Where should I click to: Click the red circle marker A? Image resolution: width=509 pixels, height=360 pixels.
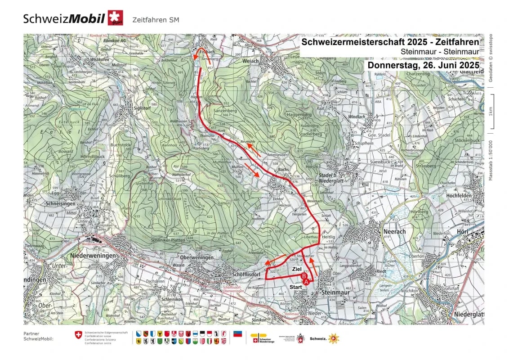(x=307, y=281)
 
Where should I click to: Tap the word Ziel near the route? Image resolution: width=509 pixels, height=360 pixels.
(x=297, y=269)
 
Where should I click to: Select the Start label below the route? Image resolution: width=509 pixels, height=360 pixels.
(x=295, y=287)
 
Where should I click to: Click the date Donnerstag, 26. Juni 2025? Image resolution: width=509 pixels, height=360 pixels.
(x=423, y=65)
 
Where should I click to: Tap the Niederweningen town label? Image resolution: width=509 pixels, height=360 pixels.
(x=93, y=256)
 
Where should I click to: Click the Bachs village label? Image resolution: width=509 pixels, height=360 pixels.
(x=283, y=170)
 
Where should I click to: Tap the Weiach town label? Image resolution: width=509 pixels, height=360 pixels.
(x=250, y=61)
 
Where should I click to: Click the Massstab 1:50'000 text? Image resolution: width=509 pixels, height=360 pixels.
(x=491, y=160)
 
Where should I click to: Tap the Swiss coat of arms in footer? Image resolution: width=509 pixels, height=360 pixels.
(x=79, y=336)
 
